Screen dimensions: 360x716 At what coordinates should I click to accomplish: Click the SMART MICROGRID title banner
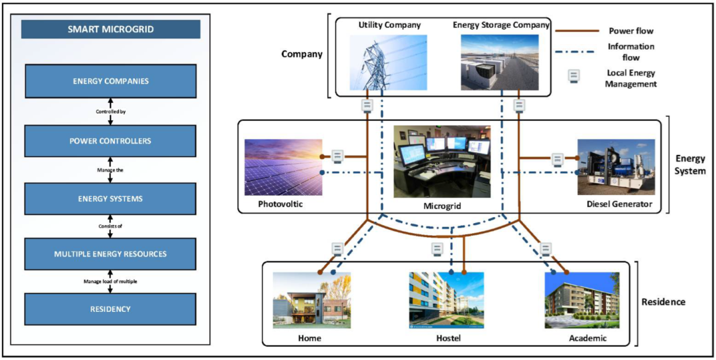111,29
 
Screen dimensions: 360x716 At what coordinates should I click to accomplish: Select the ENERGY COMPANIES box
111,81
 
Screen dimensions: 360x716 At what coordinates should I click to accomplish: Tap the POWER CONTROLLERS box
111,141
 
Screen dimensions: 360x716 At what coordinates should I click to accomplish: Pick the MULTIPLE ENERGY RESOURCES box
111,254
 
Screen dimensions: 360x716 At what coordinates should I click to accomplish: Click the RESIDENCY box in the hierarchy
111,309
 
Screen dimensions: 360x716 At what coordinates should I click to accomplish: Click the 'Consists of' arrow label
111,226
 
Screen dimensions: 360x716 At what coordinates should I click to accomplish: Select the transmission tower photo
388,62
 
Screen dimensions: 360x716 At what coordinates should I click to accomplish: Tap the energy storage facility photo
499,62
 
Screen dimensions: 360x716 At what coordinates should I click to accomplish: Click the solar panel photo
283,167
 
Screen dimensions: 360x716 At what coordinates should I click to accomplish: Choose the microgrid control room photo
442,161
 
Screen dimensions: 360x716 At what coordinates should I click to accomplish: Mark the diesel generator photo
616,167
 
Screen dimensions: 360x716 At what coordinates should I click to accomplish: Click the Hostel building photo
446,300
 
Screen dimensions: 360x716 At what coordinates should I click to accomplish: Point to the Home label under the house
309,338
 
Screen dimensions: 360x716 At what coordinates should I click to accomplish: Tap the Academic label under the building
588,338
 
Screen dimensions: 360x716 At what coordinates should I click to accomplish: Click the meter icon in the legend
573,76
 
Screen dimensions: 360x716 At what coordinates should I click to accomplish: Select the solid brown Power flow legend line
577,31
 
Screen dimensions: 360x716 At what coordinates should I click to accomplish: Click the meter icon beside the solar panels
337,156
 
